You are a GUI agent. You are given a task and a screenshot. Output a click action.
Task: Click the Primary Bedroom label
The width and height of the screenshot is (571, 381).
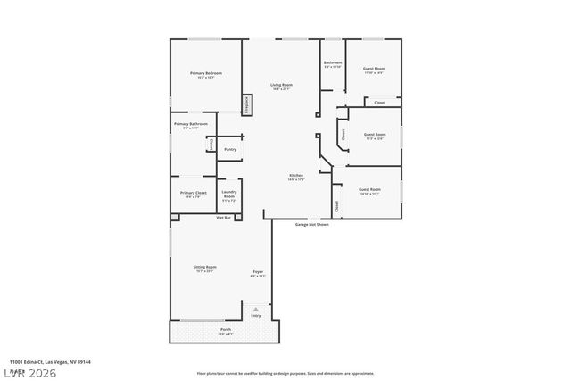pyautogui.click(x=206, y=73)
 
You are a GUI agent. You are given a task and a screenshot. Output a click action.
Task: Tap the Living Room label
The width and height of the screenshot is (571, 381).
pyautogui.click(x=282, y=86)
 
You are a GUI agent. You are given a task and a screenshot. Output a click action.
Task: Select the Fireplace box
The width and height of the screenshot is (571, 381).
pyautogui.click(x=247, y=104)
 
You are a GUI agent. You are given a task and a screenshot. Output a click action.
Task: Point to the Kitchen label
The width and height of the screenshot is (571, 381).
pyautogui.click(x=296, y=176)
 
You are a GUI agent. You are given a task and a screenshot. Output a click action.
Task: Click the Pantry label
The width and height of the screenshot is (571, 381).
pyautogui.click(x=229, y=149)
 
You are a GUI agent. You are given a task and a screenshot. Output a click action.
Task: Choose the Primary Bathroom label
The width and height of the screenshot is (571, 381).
pyautogui.click(x=191, y=124)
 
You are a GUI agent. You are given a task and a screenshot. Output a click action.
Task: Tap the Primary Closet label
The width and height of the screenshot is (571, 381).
pyautogui.click(x=193, y=194)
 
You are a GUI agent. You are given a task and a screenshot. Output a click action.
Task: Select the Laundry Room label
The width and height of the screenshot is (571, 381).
pyautogui.click(x=229, y=194)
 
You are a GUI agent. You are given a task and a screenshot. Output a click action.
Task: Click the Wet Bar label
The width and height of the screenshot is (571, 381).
pyautogui.click(x=223, y=218)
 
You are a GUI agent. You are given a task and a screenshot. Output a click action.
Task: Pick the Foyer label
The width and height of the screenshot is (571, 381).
pyautogui.click(x=257, y=272)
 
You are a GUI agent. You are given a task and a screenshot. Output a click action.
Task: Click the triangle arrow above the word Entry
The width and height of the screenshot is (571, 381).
pyautogui.click(x=256, y=305)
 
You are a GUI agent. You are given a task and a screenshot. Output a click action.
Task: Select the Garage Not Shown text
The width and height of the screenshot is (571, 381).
pyautogui.click(x=312, y=224)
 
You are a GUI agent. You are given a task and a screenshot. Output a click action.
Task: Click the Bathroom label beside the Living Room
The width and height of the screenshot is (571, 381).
pyautogui.click(x=333, y=63)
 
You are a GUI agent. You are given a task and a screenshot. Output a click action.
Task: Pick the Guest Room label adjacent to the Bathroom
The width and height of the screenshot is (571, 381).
pyautogui.click(x=373, y=69)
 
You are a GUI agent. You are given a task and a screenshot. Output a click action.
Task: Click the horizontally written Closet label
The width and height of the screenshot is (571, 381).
pyautogui.click(x=379, y=103)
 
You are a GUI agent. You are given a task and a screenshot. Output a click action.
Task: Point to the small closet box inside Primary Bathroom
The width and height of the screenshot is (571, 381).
pyautogui.click(x=211, y=144)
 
